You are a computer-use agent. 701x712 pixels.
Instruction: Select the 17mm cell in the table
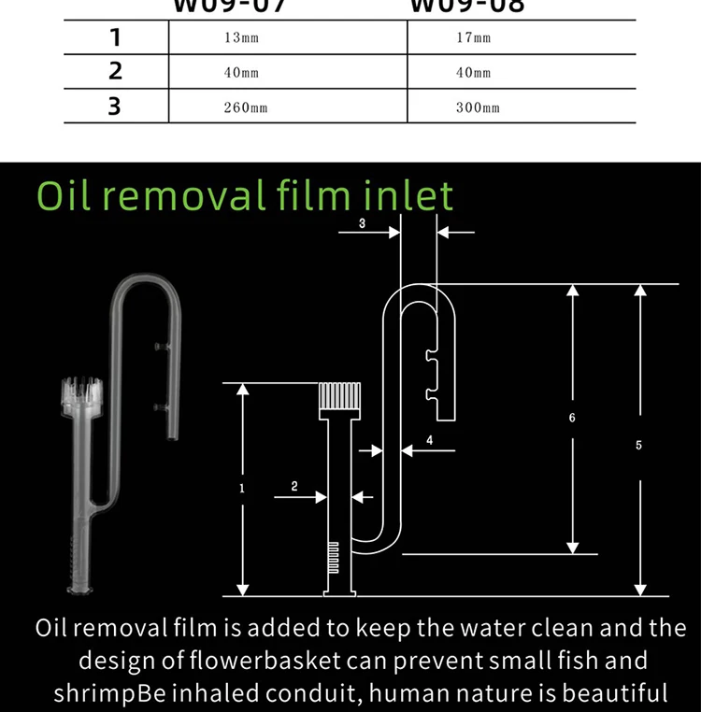coord(473,38)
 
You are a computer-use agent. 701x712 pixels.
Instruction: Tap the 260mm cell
coord(245,107)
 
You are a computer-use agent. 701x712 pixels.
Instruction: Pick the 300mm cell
coord(478,107)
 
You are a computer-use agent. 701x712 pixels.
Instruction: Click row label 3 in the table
coord(115,106)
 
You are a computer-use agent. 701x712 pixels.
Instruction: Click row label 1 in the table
coord(115,38)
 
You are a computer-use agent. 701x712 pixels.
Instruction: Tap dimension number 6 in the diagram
coord(572,418)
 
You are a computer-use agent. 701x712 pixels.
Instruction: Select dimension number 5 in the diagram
coord(638,445)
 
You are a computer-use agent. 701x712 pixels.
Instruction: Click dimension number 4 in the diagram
coord(429,438)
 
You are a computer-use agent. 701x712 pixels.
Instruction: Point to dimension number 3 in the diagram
coord(362,222)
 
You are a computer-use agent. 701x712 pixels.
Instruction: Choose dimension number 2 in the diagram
coord(294,486)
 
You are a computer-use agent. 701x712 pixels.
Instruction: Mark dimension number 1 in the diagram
coord(241,488)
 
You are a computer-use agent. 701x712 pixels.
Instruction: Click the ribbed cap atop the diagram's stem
coord(340,398)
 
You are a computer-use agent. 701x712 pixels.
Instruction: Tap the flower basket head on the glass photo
coord(83,398)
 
